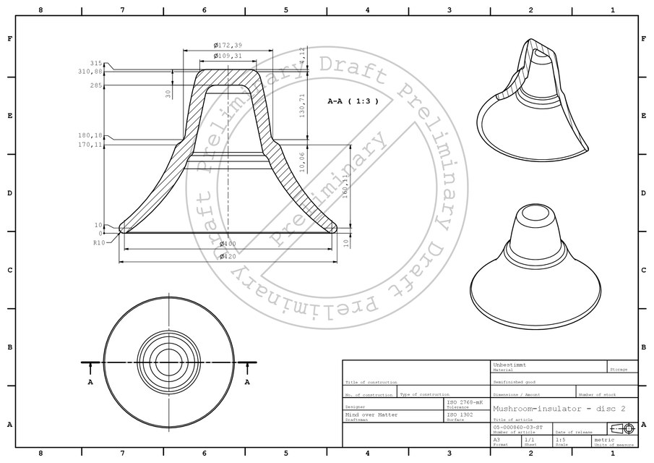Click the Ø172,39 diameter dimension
pos(228,46)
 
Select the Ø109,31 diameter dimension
pos(228,56)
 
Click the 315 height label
pos(96,64)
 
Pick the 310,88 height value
pos(91,72)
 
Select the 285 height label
pos(96,85)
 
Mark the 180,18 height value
pos(91,135)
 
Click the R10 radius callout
pos(99,243)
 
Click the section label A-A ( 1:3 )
pos(353,102)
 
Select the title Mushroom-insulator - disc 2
pos(559,409)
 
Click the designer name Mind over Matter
pos(371,415)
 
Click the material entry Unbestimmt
pos(509,364)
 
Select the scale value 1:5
pos(560,440)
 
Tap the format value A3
pos(496,440)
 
